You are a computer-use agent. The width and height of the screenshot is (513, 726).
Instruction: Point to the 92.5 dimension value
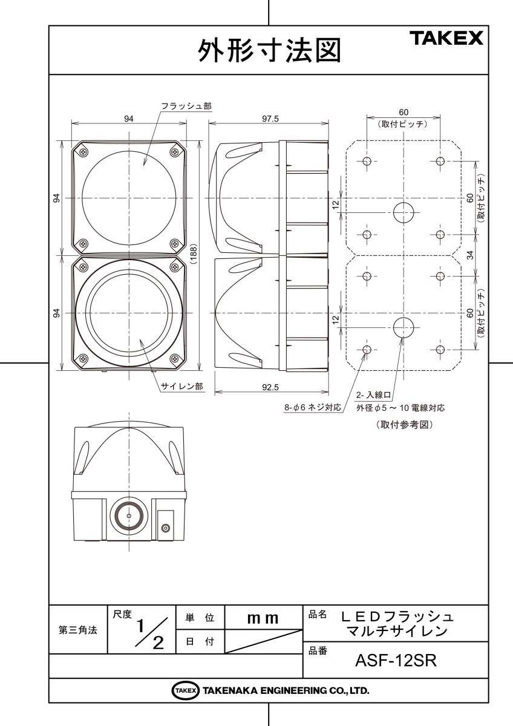270,388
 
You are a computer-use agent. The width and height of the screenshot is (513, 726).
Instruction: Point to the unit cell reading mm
263,619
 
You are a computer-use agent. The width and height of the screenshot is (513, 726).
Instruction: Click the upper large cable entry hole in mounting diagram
402,212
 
